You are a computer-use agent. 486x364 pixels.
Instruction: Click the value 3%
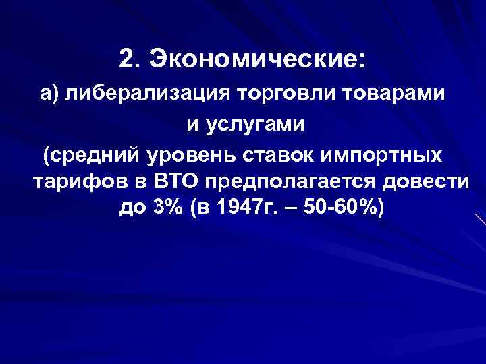click(x=168, y=210)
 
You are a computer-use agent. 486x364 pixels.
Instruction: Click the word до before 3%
click(x=132, y=210)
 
